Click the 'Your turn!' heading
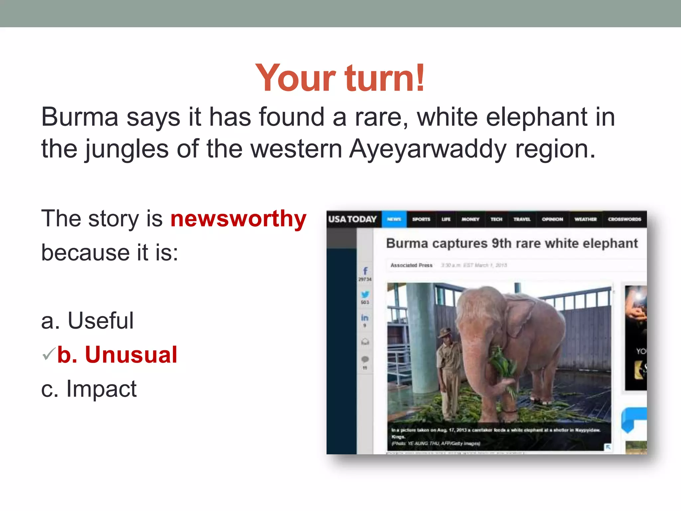(340, 78)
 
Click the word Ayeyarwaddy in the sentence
(428, 149)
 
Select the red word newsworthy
(238, 219)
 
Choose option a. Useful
(87, 321)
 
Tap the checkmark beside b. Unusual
(49, 354)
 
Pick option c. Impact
(88, 389)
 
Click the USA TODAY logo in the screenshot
(352, 219)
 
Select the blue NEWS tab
(394, 219)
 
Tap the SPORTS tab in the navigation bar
(421, 219)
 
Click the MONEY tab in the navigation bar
(470, 219)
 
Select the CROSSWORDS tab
(624, 219)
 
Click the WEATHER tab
(585, 219)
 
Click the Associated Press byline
(411, 265)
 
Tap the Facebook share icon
(365, 271)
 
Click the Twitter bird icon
(365, 294)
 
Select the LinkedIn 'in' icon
(365, 318)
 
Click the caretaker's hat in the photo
(445, 331)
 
